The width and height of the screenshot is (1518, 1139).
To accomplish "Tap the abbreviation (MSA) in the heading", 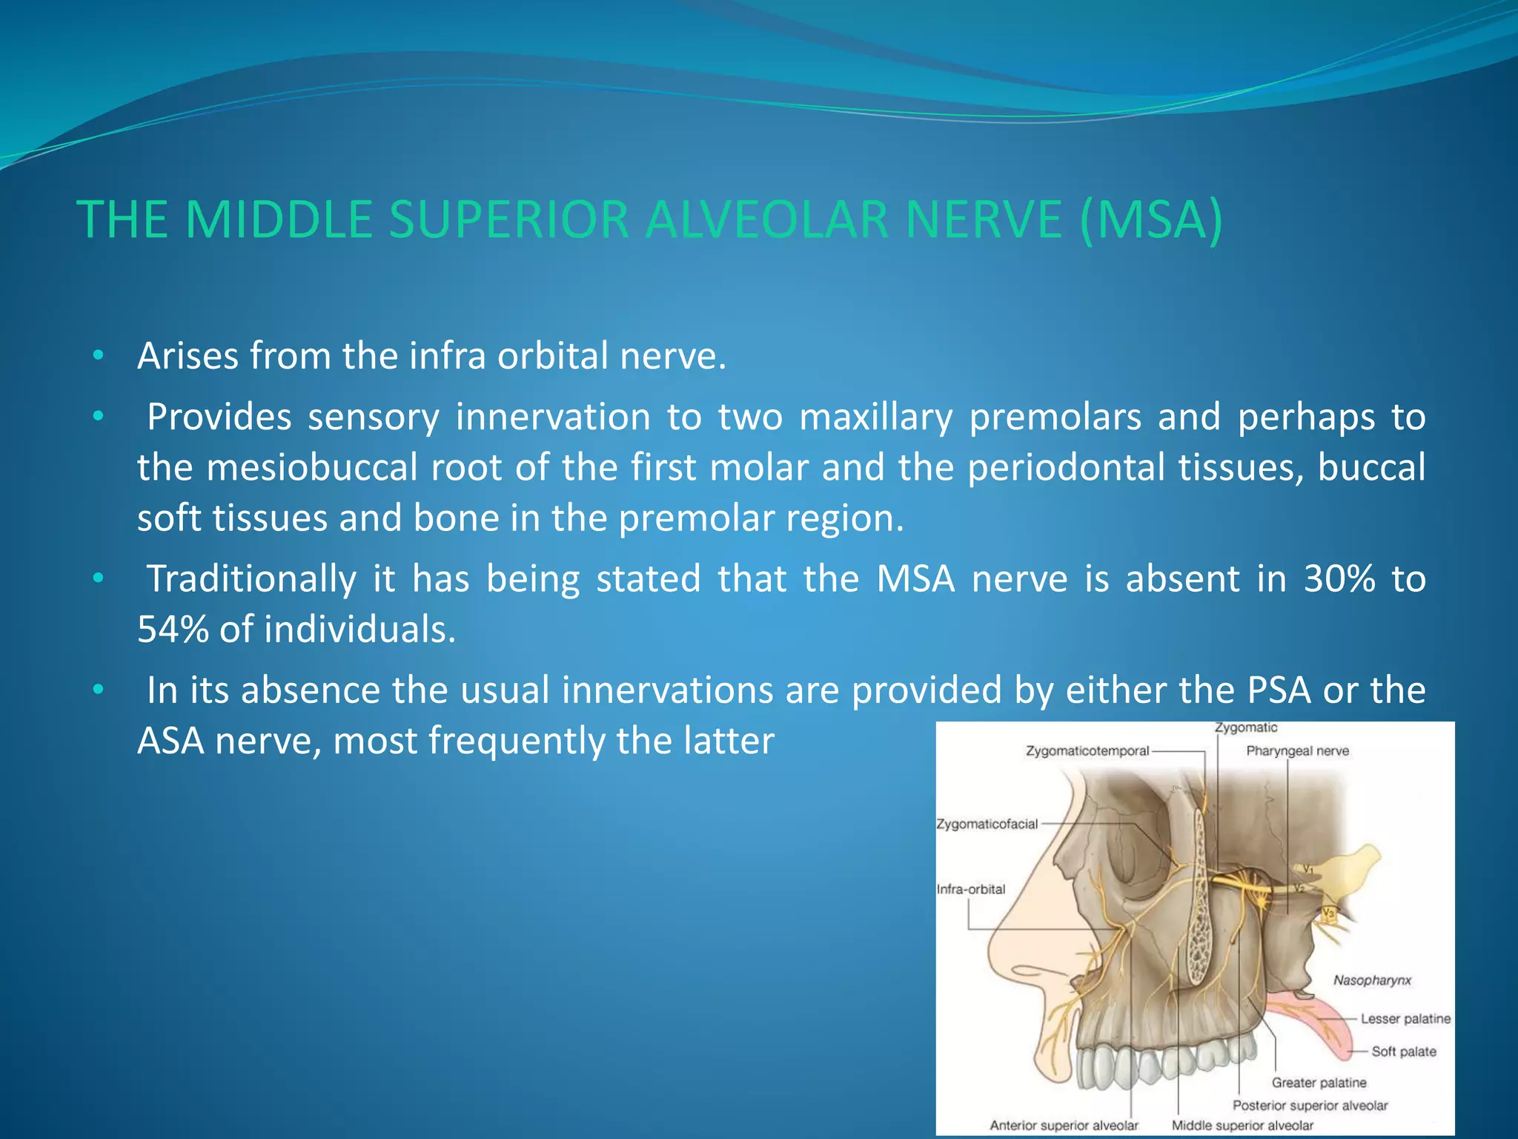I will coord(1150,220).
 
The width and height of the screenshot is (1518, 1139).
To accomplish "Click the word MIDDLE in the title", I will coord(279,220).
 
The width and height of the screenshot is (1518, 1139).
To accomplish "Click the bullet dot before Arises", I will coord(98,357).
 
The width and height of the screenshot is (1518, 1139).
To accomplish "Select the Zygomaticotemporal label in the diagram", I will coord(1087,751).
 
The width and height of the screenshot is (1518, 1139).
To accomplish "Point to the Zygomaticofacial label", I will coord(987,825).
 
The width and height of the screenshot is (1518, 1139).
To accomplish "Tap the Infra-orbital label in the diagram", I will coord(971,889).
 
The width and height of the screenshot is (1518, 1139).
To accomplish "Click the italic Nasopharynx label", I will coord(1372,980).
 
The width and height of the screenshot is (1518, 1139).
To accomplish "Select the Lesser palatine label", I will coord(1405,1019).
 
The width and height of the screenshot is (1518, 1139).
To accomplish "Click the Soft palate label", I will coord(1403,1051).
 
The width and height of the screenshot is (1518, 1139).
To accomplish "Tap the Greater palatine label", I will coord(1319,1083).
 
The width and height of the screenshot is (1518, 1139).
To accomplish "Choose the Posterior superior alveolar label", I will coord(1310,1106).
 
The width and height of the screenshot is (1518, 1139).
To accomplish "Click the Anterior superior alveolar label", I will coord(1064,1126).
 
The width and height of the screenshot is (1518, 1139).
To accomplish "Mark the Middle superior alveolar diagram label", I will coord(1242,1126).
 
